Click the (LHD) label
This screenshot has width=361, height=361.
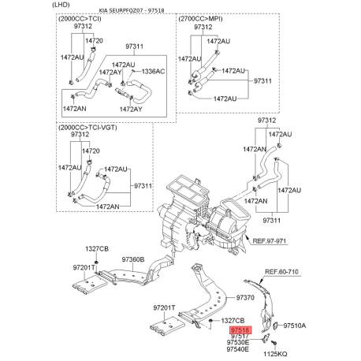61,5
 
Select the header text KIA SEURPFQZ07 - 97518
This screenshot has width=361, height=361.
132,10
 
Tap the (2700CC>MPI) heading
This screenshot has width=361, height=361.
200,19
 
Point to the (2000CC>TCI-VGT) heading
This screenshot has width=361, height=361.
87,128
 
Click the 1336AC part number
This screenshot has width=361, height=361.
153,72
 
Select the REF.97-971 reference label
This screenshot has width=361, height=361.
270,240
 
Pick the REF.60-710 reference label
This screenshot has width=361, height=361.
281,271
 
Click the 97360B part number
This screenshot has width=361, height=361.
133,259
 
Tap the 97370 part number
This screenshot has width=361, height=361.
245,297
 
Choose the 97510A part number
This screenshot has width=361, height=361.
295,326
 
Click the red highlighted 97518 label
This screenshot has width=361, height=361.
240,329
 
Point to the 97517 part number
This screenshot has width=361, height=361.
240,336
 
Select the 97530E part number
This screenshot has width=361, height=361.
238,342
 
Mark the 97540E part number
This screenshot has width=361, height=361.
238,349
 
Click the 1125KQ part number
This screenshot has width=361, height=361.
275,354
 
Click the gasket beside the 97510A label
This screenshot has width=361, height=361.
276,326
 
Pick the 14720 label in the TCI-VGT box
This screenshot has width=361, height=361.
91,151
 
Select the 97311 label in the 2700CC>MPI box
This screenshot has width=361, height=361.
262,80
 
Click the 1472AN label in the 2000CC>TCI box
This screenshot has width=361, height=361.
74,108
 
